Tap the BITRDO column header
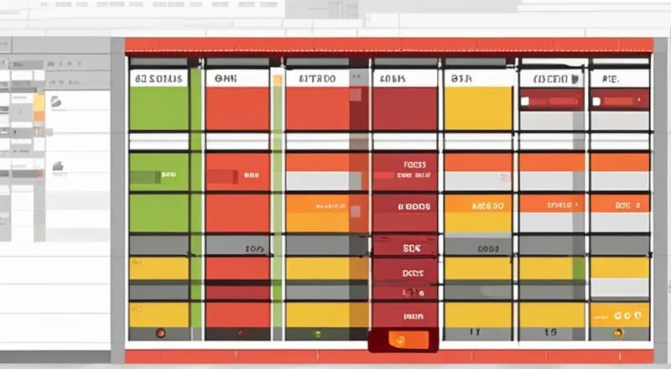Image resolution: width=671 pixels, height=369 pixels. pyautogui.click(x=316, y=78)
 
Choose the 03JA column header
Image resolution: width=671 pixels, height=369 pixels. pyautogui.click(x=461, y=78)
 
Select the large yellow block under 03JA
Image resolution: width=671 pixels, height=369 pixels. pyautogui.click(x=477, y=107)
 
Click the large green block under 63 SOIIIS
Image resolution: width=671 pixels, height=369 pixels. pyautogui.click(x=159, y=107)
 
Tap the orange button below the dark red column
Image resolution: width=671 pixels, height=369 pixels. pyautogui.click(x=402, y=340)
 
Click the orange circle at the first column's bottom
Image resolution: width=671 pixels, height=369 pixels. pyautogui.click(x=160, y=333)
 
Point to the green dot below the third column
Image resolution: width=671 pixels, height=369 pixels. pyautogui.click(x=318, y=334)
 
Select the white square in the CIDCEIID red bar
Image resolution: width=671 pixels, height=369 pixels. pyautogui.click(x=524, y=101)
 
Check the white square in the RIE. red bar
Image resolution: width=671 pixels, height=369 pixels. pyautogui.click(x=596, y=101)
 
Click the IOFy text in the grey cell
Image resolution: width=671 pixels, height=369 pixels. pyautogui.click(x=254, y=249)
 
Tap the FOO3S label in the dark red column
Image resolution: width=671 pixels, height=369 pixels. pyautogui.click(x=414, y=165)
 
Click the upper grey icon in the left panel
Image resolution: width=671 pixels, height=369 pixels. pyautogui.click(x=57, y=102)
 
